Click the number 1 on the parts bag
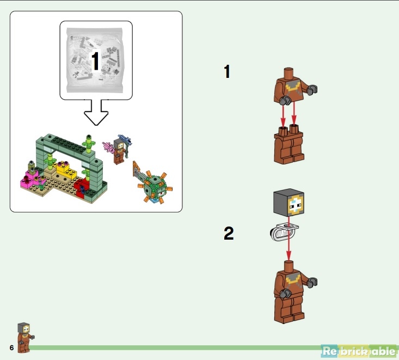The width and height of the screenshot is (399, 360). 95,61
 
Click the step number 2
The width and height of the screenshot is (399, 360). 229,234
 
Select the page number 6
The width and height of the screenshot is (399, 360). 11,347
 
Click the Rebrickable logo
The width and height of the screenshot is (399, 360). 359,351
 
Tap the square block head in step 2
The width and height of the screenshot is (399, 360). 288,206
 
